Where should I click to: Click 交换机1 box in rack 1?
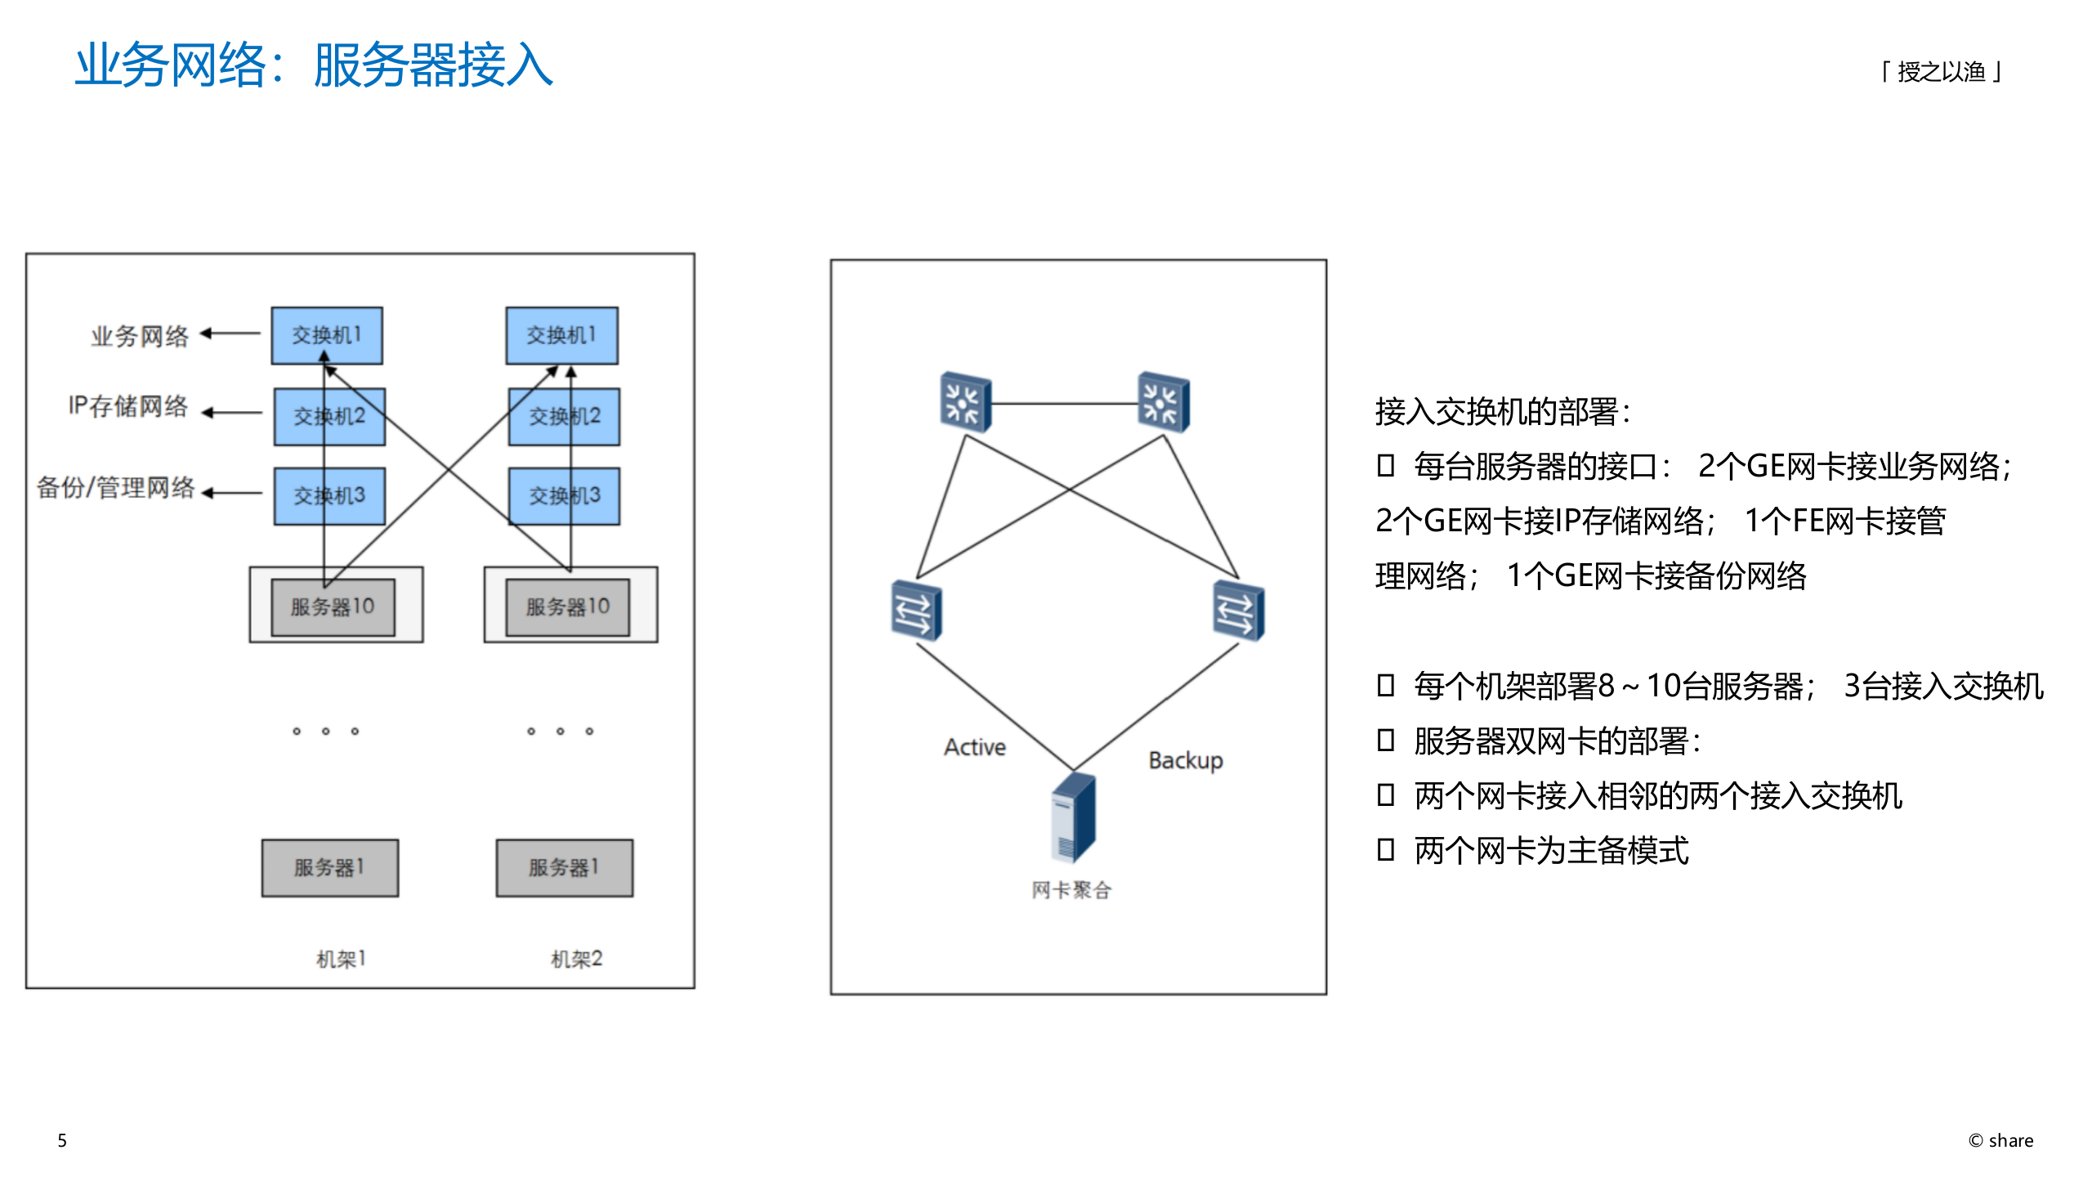327,336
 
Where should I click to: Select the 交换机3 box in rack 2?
564,496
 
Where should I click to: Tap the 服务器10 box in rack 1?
333,607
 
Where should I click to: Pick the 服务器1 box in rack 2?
564,868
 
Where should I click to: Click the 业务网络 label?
140,336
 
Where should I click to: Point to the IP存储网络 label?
128,406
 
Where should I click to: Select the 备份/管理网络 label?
116,488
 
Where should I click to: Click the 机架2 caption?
576,959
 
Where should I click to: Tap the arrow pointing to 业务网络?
230,333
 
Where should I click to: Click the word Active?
974,747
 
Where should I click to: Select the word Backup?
1185,761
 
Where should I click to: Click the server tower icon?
1073,817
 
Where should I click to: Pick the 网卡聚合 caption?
1071,890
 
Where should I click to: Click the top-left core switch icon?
965,402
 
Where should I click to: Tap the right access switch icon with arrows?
1238,611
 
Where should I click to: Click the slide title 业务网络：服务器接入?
315,65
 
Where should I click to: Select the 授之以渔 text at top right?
1941,72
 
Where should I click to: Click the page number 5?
62,1140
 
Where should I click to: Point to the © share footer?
2000,1140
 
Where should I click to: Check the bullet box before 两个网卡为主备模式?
1385,850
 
